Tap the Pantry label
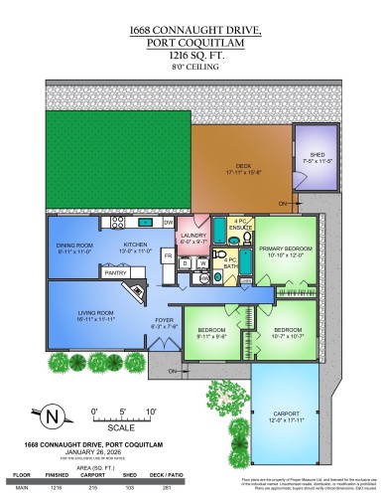click(x=116, y=271)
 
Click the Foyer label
click(x=162, y=321)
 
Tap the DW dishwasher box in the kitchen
click(x=170, y=223)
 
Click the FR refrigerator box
click(x=168, y=256)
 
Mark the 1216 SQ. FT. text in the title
click(x=191, y=58)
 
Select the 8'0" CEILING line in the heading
click(x=191, y=70)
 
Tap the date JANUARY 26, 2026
click(x=66, y=452)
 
